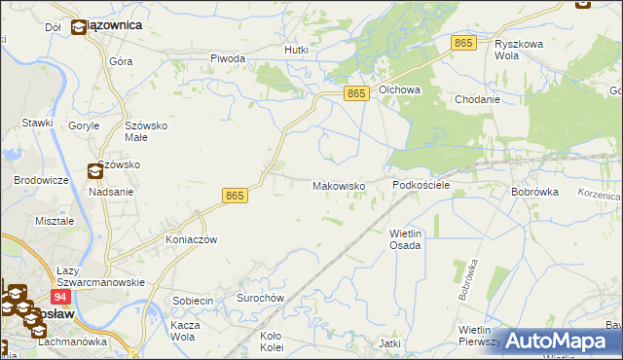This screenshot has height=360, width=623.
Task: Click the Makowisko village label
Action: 338,185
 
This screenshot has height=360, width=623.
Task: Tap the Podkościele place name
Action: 421,185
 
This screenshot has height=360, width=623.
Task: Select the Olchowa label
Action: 399,90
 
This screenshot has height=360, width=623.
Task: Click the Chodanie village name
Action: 477,99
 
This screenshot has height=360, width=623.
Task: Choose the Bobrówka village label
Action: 534,192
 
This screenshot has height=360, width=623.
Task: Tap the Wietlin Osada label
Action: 405,239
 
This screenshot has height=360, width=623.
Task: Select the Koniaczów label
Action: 191,239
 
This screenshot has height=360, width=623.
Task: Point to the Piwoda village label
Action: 228,58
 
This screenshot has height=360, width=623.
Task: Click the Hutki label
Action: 296,50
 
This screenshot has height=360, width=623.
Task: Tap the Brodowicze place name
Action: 41,180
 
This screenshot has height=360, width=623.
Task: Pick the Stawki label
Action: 37,123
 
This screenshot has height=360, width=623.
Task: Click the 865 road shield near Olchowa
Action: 357,92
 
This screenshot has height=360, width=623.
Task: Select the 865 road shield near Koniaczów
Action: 234,196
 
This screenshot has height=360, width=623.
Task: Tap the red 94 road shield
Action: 60,297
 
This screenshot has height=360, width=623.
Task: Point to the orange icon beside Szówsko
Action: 95,172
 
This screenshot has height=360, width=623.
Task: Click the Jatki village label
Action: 390,343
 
